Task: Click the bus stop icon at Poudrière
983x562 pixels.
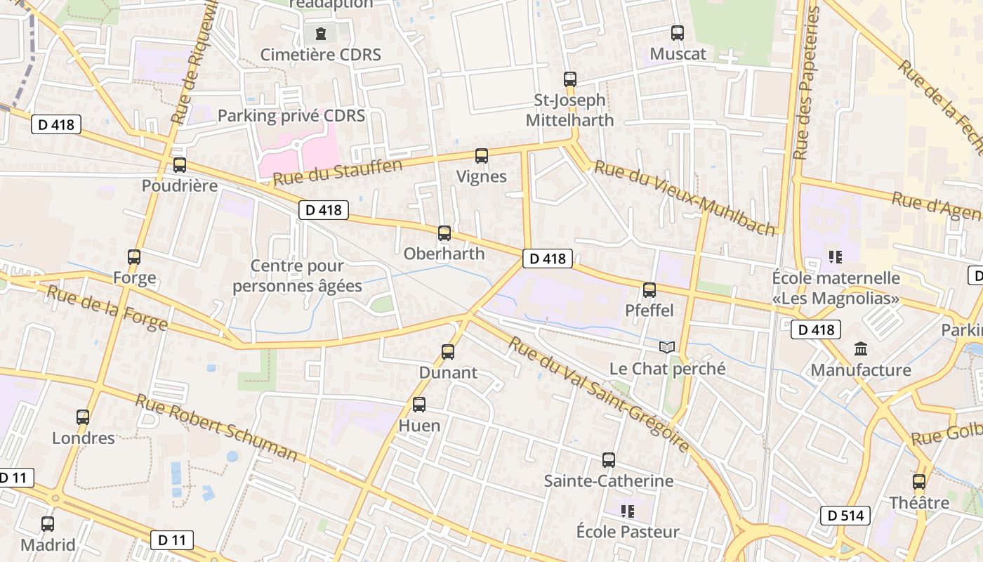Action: [x=180, y=165]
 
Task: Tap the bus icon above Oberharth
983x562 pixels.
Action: [x=444, y=233]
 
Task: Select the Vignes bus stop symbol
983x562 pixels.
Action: [x=481, y=156]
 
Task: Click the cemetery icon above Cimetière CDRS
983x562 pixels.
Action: [x=321, y=34]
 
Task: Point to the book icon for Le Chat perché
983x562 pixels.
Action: [x=667, y=348]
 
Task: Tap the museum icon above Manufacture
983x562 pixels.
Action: [x=861, y=349]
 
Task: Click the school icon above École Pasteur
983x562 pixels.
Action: [x=628, y=511]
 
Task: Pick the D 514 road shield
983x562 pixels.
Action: [x=845, y=516]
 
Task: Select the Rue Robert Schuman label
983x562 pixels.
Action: [x=216, y=427]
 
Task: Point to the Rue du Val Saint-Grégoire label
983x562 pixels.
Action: [x=598, y=394]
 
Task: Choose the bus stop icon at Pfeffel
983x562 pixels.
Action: [x=649, y=289]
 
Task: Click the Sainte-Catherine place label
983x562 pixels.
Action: [x=609, y=481]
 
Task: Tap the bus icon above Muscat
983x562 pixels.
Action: [x=678, y=33]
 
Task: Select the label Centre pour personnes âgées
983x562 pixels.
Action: [x=297, y=276]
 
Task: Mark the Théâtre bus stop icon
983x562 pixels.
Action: [x=919, y=482]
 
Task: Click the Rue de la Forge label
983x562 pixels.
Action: [x=107, y=308]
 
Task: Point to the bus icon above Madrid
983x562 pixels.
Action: [x=48, y=524]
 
